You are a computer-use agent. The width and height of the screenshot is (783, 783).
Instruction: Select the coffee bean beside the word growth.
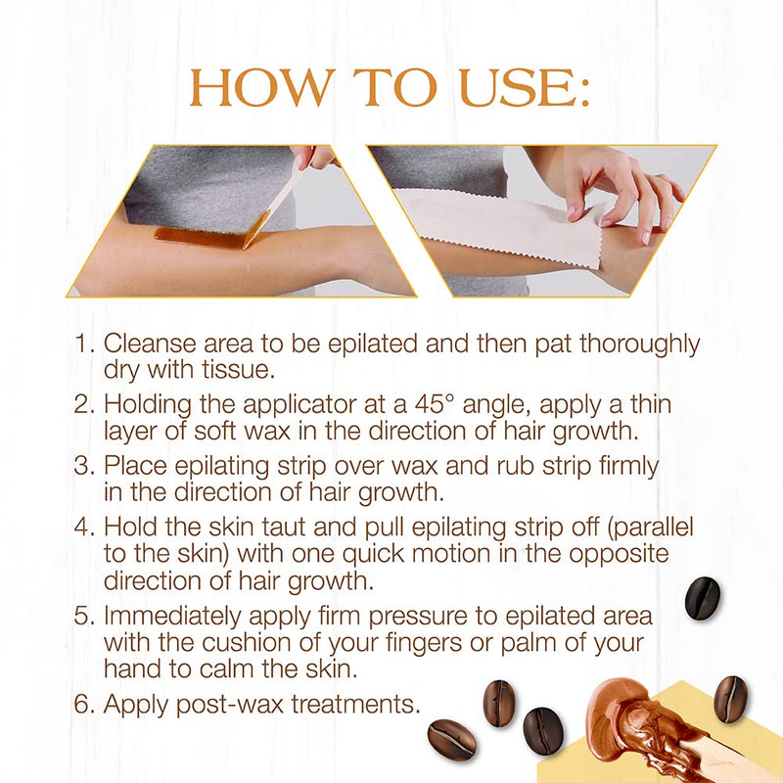(702, 598)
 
